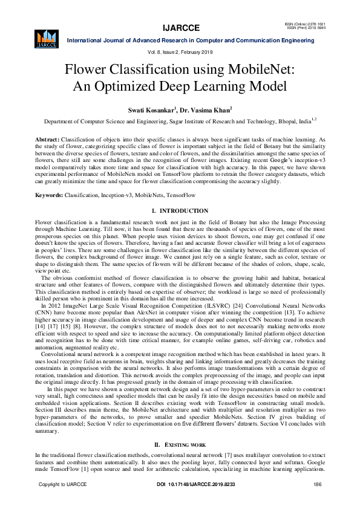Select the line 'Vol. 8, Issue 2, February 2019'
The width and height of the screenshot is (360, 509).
[180, 53]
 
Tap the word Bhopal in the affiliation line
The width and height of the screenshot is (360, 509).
[282, 122]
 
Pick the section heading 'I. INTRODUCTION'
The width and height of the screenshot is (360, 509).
[180, 210]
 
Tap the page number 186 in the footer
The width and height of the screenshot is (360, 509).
[318, 485]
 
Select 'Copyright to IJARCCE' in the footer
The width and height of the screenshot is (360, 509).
[63, 485]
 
